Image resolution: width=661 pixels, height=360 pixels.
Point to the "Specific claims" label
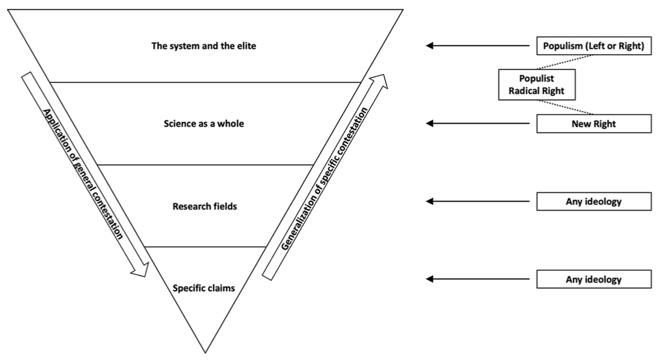(x=204, y=287)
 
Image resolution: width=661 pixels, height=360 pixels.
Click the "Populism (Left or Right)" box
(x=593, y=46)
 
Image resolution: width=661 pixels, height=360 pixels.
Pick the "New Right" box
(x=593, y=124)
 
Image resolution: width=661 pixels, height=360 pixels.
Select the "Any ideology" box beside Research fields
(x=593, y=202)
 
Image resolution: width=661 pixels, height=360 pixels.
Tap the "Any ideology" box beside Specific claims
(x=593, y=279)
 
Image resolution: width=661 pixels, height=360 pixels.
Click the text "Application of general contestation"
(x=85, y=174)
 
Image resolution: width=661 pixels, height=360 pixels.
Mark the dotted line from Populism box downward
(x=566, y=62)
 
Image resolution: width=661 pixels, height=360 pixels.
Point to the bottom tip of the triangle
(x=206, y=352)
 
